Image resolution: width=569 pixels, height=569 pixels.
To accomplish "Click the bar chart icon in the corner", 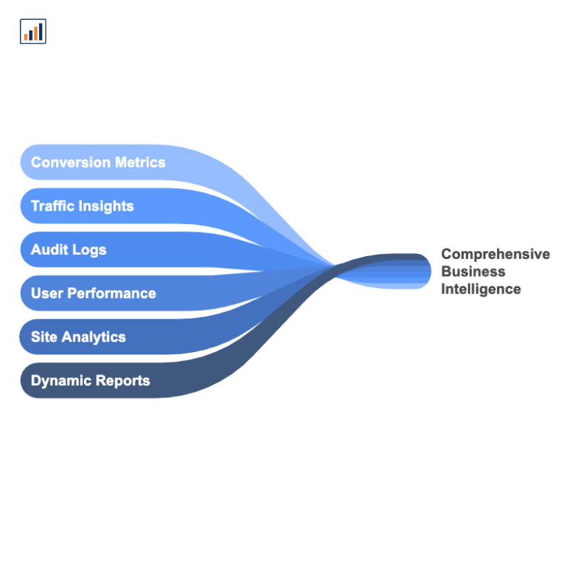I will tap(33, 31).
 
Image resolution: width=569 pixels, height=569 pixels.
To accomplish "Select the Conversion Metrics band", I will tap(185, 162).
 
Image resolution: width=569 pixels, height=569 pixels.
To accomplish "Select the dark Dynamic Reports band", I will tap(185, 381).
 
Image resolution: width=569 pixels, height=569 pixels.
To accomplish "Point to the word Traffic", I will tap(53, 206).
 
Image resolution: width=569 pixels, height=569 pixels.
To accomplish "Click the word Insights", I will tap(106, 206).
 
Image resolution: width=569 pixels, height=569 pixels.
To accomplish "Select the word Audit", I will tap(49, 250).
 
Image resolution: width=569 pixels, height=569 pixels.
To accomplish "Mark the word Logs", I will tap(89, 250).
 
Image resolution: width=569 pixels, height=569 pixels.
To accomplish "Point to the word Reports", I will tap(123, 381).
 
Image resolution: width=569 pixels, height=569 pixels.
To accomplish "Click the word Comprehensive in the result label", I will tap(496, 254).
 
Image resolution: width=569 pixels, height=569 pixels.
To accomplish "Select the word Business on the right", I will tap(473, 271).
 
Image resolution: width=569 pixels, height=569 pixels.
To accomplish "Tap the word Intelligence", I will tap(481, 289).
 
